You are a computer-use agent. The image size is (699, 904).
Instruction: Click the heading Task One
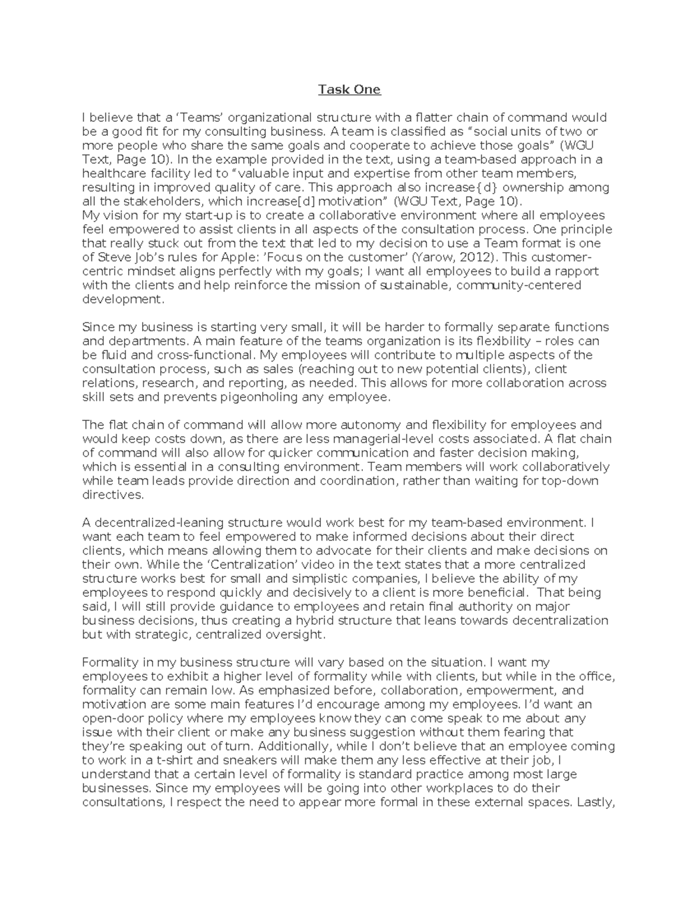349,89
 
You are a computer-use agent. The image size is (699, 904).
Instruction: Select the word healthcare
111,173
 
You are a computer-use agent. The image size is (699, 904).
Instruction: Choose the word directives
112,495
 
